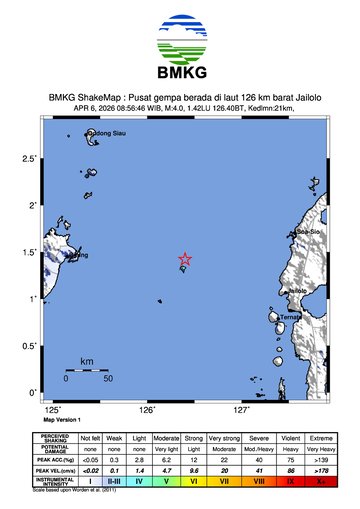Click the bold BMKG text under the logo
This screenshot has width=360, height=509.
[180, 74]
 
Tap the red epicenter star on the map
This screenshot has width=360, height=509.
[185, 259]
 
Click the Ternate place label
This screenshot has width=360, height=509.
[291, 317]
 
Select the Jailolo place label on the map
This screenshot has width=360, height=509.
[297, 290]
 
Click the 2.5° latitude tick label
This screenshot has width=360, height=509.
[30, 159]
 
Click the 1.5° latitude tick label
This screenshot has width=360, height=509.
[30, 252]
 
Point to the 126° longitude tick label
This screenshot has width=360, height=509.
[147, 410]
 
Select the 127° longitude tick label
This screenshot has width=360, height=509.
[241, 410]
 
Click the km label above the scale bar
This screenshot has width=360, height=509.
[87, 361]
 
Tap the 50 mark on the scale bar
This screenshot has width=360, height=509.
[107, 379]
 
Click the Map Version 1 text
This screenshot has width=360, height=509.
[62, 420]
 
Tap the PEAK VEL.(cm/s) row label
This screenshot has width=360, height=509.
[55, 469]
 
